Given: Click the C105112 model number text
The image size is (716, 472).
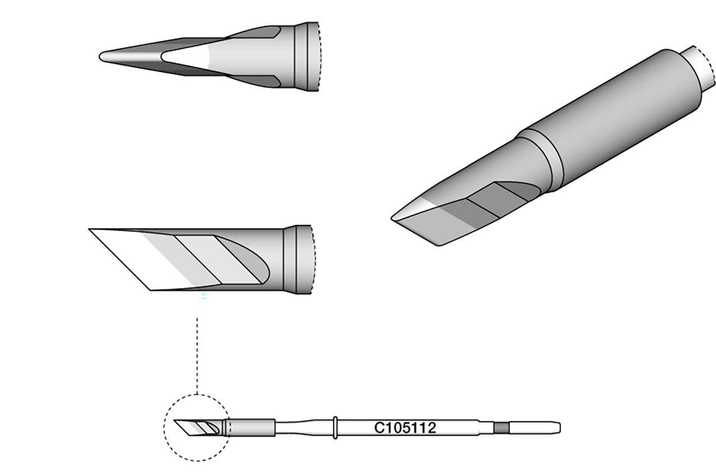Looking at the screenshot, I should click(x=405, y=428).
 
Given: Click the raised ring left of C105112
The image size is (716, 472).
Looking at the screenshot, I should click(x=334, y=428).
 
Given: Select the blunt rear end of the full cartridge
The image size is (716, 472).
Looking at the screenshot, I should click(x=558, y=428).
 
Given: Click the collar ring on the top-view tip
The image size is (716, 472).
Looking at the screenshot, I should click(x=302, y=56).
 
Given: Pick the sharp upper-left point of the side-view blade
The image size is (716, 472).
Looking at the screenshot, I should click(x=91, y=229).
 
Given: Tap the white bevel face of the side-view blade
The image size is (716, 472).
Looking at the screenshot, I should click(x=131, y=257).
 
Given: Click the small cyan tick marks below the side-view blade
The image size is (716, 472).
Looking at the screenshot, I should click(x=205, y=296).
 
